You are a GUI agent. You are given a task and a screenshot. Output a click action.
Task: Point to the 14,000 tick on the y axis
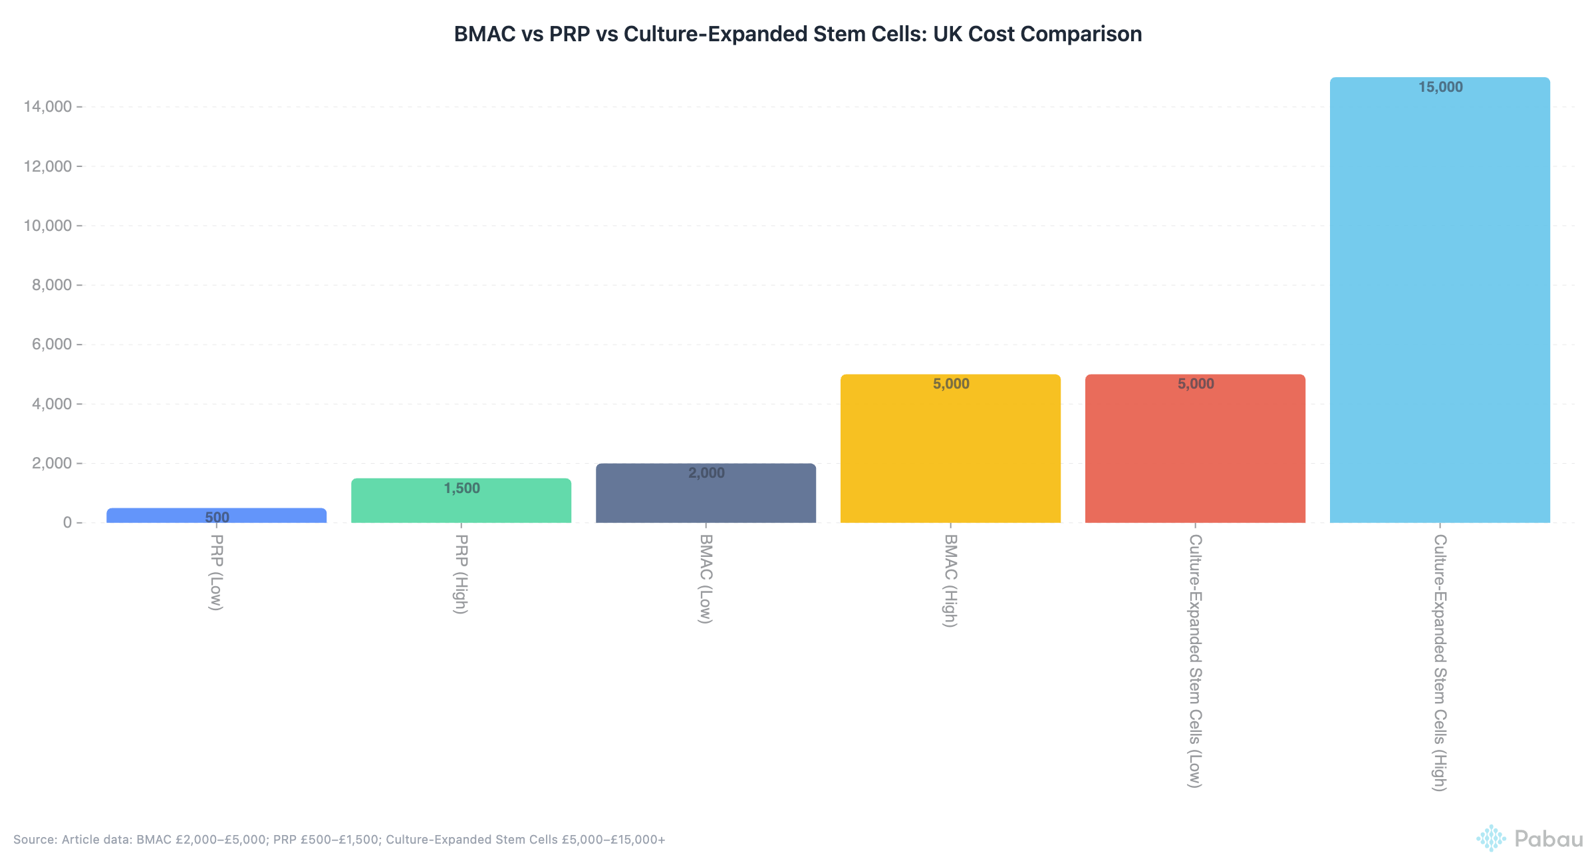(47, 106)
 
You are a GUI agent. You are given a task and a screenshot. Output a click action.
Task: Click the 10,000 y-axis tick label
(47, 226)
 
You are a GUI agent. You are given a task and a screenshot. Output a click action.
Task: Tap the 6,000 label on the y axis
(52, 345)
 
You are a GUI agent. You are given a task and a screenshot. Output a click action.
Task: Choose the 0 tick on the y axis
(67, 523)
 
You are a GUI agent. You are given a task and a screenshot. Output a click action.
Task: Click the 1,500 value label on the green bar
(462, 488)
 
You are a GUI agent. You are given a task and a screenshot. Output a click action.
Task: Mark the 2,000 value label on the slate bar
(706, 473)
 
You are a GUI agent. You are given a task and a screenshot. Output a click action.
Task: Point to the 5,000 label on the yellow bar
(951, 384)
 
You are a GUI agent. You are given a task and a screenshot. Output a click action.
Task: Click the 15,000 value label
(1440, 87)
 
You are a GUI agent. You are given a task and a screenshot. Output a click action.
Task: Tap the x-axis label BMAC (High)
(950, 580)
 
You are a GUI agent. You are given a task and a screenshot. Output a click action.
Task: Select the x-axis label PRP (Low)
(216, 572)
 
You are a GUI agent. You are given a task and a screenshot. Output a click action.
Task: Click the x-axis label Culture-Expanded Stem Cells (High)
(1440, 662)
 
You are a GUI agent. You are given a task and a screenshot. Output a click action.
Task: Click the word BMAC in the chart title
(484, 34)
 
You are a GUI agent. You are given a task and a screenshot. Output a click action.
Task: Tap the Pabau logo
(1529, 838)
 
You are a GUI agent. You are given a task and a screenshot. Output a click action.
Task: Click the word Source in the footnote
(35, 840)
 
